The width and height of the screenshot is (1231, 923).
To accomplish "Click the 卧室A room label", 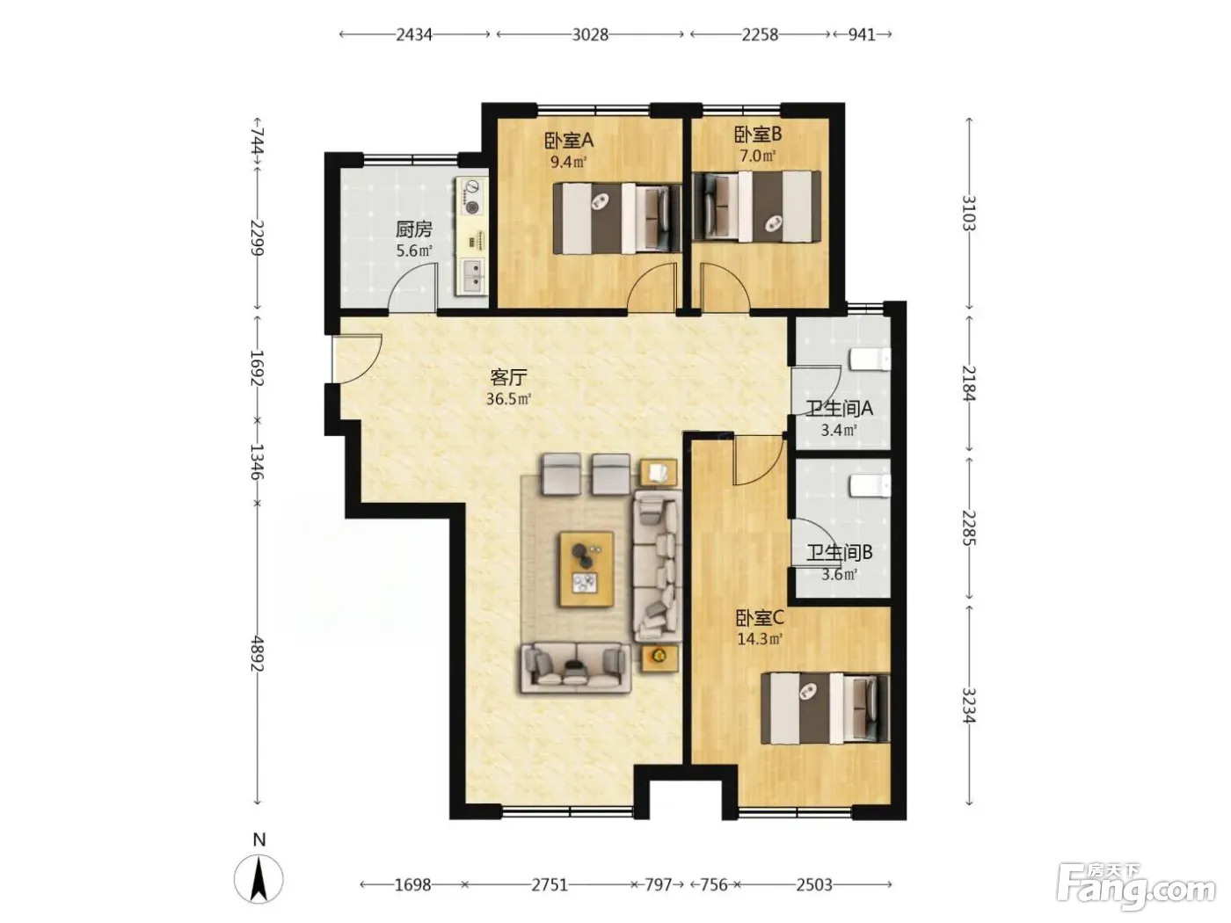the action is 568,141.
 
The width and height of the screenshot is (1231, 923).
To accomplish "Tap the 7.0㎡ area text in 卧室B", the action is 757,156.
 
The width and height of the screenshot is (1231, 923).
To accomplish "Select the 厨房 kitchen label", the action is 414,229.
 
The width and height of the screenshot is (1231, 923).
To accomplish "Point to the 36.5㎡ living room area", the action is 508,399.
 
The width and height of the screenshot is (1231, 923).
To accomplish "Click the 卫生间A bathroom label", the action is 839,409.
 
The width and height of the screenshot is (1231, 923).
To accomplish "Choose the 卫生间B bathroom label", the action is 839,553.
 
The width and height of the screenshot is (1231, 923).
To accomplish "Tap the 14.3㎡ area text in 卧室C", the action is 760,638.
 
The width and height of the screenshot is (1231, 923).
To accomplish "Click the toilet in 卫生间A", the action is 870,360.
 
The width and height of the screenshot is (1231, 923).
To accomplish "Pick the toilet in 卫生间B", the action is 870,486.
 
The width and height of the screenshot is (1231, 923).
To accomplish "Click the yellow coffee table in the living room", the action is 586,570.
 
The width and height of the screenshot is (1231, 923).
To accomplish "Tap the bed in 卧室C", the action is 825,709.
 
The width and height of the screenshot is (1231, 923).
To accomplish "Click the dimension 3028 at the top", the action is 590,35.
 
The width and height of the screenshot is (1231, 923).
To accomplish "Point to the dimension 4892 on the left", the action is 258,653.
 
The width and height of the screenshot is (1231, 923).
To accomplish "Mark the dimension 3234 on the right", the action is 970,705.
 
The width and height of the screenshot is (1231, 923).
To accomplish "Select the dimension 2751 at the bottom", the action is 550,884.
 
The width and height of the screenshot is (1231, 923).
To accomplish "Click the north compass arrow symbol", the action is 259,878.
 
